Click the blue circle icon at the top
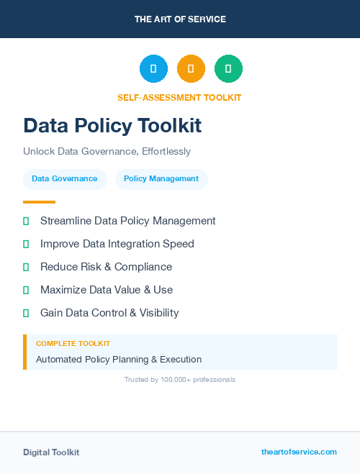pos(153,69)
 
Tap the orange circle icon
pos(191,69)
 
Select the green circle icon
pos(228,69)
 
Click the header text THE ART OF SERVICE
pos(180,19)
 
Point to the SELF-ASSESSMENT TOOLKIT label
pos(179,98)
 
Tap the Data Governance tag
pos(65,179)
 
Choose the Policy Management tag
pos(161,179)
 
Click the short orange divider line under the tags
pos(39,202)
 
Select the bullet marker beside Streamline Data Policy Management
pos(26,222)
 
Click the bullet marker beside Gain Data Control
pos(26,314)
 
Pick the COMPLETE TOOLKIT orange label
pos(73,345)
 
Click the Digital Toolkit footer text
pos(51,452)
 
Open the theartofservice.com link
pos(299,452)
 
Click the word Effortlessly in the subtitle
pos(166,152)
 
